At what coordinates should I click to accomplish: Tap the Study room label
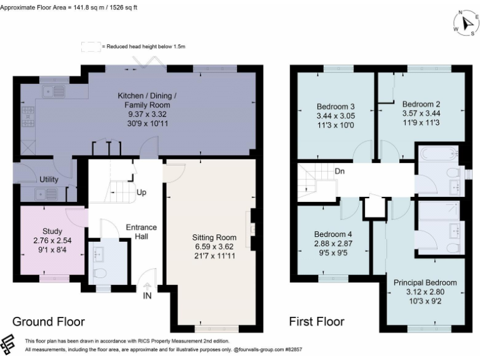pos(52,231)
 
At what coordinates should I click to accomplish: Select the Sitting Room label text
pos(214,237)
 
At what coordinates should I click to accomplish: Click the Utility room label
pos(49,179)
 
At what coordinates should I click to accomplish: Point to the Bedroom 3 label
pos(336,106)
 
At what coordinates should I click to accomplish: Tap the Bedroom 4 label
pos(333,234)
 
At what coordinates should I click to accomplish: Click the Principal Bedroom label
pos(425,282)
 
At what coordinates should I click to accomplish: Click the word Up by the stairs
pos(142,192)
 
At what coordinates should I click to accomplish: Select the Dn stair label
pos(341,170)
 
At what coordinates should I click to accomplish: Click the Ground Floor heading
pos(49,322)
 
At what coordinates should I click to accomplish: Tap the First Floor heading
pos(316,322)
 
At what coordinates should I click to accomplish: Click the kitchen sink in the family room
pos(54,92)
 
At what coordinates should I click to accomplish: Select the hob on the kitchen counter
pos(28,114)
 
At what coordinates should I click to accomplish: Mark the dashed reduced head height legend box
pos(91,46)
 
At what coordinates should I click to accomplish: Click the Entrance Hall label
pos(141,232)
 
